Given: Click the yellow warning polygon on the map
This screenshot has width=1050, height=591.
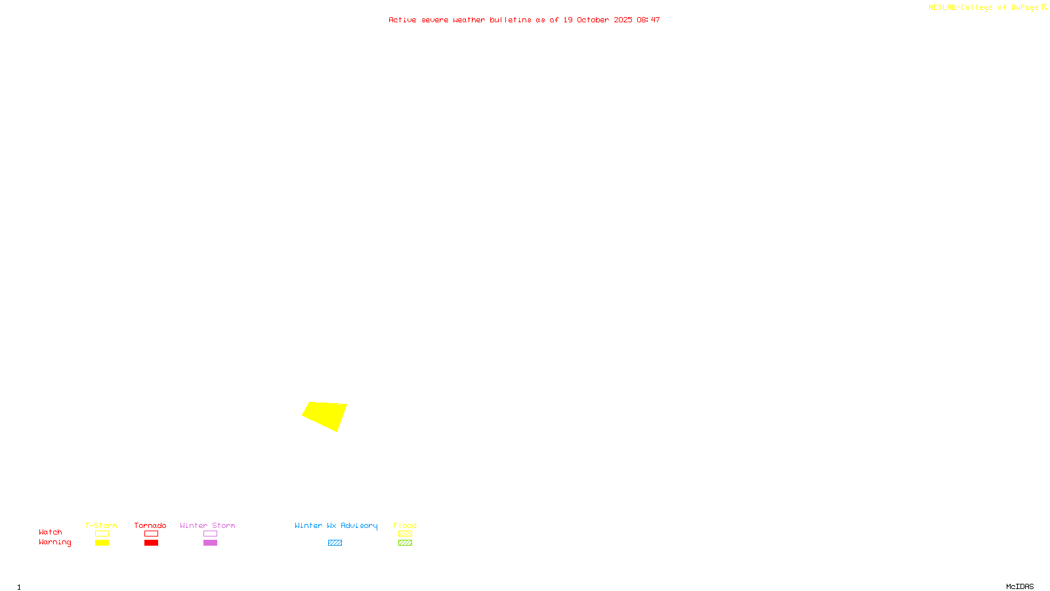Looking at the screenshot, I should [x=325, y=415].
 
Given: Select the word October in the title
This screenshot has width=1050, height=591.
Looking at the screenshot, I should [x=593, y=20].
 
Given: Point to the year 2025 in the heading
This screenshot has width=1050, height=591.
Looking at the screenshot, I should [x=623, y=20].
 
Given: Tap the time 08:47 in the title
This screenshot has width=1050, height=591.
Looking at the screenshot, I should [x=648, y=20].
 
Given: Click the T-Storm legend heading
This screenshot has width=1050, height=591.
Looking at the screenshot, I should [x=101, y=525].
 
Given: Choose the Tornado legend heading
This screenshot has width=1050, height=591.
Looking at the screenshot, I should [x=150, y=525].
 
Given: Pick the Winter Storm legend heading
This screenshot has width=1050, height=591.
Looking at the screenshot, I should [x=207, y=525].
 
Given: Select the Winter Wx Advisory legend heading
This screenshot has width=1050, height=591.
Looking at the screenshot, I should [x=336, y=525].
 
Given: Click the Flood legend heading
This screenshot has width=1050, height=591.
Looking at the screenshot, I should [x=405, y=525].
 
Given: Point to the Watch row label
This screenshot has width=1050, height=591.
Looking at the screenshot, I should [x=51, y=532].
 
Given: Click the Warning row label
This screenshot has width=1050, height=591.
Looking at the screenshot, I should [x=54, y=542].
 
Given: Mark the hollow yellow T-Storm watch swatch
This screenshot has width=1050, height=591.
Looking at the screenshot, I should [x=102, y=534].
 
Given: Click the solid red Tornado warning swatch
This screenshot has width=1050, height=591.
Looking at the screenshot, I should [x=152, y=543].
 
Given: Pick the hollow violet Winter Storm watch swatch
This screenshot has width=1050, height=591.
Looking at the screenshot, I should [x=210, y=534].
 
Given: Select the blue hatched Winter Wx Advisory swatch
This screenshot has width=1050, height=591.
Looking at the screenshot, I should [x=335, y=543].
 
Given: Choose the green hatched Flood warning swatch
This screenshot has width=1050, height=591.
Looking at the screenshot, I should [x=405, y=543].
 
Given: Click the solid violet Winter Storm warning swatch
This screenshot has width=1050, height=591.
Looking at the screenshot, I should [x=210, y=543].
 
